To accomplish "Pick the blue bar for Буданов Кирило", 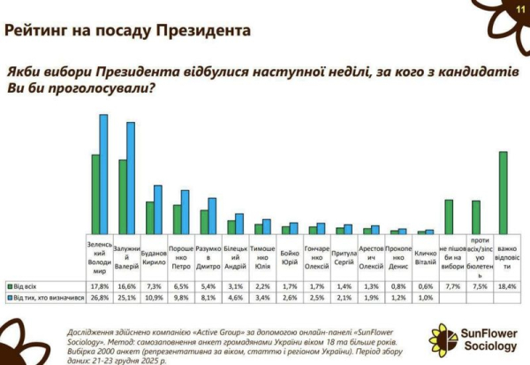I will click(x=158, y=209).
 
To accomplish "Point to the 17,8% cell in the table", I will click(x=98, y=287).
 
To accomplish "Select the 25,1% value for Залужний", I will click(x=126, y=298).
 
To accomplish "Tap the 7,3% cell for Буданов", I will click(x=154, y=287).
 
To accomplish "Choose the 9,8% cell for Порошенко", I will click(x=180, y=298).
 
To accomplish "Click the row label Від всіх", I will click(x=26, y=287).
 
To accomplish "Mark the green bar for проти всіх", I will click(x=475, y=217).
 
